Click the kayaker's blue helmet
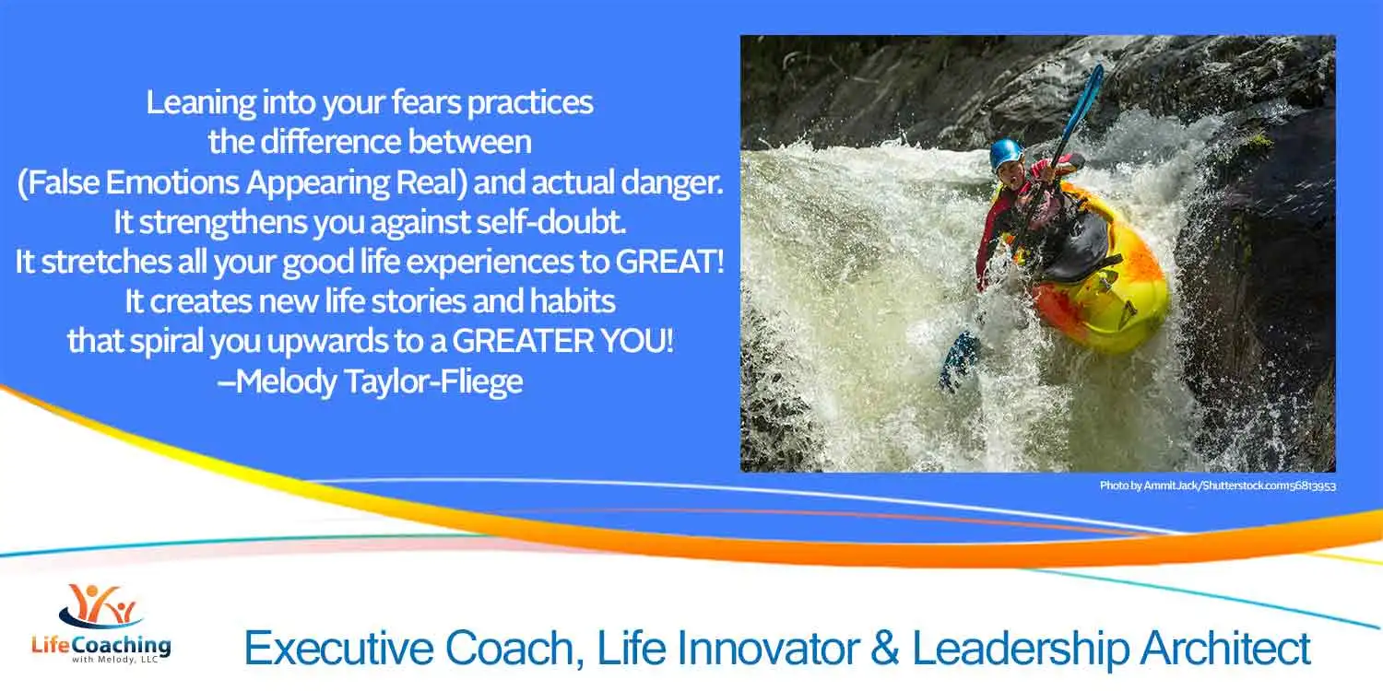tap(1005, 154)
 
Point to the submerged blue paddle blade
tap(959, 360)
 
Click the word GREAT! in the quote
tap(669, 261)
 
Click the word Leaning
tap(201, 103)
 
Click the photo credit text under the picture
tap(1218, 486)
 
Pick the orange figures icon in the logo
tap(101, 604)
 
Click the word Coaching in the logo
tap(121, 646)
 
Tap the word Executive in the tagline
tap(339, 649)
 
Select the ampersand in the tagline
tap(885, 648)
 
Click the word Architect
tap(1225, 648)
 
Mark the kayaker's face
tap(1011, 175)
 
